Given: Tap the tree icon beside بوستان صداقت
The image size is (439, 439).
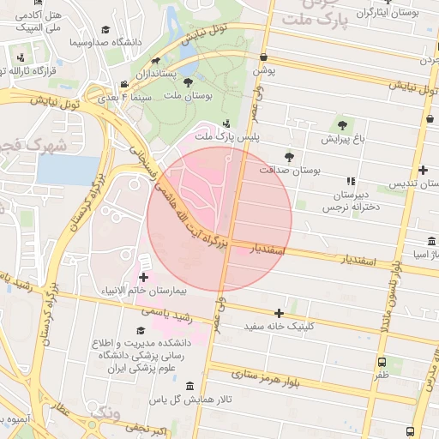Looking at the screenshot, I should (289, 157).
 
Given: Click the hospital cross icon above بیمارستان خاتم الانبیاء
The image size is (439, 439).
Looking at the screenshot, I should (142, 276).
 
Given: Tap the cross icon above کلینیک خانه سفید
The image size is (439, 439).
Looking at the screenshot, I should (279, 313).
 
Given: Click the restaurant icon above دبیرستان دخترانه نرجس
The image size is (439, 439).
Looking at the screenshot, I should (350, 181).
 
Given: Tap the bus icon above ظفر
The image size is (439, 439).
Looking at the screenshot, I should (381, 362).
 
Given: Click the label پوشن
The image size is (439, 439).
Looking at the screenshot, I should (263, 71).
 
